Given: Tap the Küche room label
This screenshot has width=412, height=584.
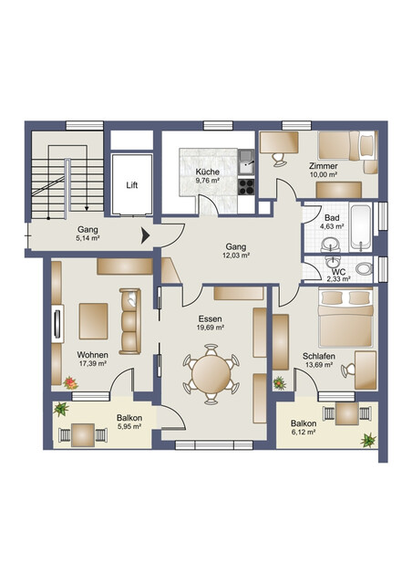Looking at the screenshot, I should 207,171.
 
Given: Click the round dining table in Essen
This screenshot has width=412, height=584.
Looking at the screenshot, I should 212,371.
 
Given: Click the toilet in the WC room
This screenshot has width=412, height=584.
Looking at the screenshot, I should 365,268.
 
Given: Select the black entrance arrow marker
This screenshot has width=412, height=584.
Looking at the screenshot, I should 144,236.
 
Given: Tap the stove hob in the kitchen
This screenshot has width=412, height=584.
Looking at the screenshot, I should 246,186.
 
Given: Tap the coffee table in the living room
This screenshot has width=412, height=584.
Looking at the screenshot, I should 93,319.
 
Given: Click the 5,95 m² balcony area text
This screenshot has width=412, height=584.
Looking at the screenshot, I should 129,429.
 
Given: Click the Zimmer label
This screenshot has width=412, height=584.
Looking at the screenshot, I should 323,166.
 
